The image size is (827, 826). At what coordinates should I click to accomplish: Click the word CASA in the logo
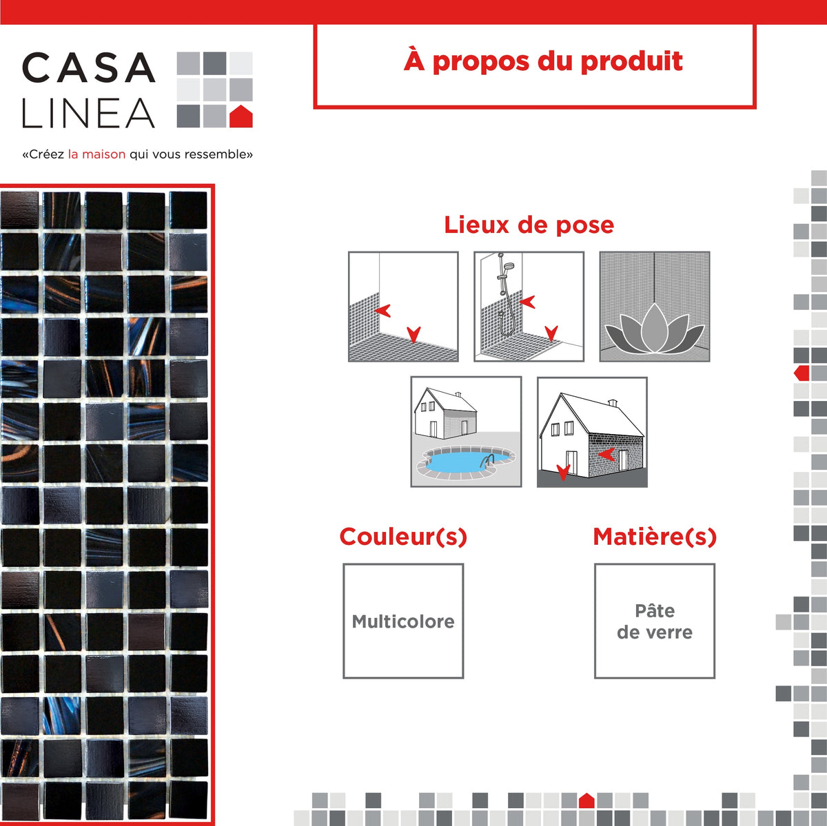tap(89, 68)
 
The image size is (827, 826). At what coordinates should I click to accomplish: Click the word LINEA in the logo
tap(89, 113)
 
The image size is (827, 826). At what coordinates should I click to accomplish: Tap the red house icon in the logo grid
tap(241, 116)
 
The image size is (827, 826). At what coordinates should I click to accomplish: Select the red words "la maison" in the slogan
tap(97, 154)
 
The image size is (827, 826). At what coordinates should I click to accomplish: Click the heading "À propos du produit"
tap(543, 61)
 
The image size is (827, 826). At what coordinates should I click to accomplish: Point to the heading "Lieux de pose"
tap(529, 225)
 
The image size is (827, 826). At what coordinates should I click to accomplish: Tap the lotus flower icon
tap(654, 329)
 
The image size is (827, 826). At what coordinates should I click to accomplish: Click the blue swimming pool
tap(462, 462)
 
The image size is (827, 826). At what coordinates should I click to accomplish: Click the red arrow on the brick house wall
tap(607, 454)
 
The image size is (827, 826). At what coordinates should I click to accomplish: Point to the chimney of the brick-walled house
tap(613, 403)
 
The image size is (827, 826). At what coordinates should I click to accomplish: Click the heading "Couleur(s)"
tap(403, 537)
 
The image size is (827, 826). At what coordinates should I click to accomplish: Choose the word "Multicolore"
tap(403, 621)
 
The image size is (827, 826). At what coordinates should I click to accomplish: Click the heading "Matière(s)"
tap(655, 537)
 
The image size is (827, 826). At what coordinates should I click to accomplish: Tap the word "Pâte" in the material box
tap(655, 610)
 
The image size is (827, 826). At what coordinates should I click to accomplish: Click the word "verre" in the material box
tap(672, 632)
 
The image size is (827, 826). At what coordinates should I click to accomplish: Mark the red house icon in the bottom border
tap(586, 801)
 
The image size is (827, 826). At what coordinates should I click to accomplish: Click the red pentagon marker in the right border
tap(802, 373)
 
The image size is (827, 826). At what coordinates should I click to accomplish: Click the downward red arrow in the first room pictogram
tap(413, 335)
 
